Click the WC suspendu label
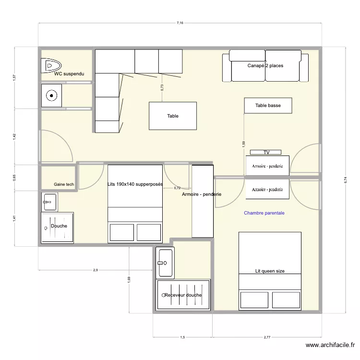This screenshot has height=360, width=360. (x=69, y=74)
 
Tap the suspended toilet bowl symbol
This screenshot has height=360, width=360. (x=51, y=64)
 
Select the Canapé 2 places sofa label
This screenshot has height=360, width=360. (x=265, y=66)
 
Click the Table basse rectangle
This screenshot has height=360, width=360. (x=268, y=106)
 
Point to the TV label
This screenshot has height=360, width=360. (x=266, y=153)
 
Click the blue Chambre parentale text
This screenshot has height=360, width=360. (x=264, y=213)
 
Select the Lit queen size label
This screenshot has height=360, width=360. (x=270, y=271)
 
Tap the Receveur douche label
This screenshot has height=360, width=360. (x=183, y=295)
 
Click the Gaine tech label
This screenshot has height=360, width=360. (x=64, y=184)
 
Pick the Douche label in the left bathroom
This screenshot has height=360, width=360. (x=59, y=226)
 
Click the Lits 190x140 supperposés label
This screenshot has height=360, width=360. (x=135, y=184)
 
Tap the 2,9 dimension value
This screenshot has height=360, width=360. (x=96, y=270)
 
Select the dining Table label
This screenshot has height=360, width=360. (x=172, y=116)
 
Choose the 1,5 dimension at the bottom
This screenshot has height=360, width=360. (x=182, y=337)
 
